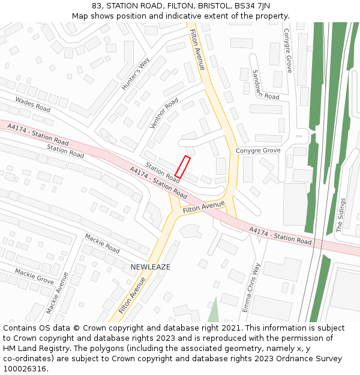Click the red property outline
pyautogui.click(x=182, y=167)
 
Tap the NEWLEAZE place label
pyautogui.click(x=151, y=266)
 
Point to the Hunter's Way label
pyautogui.click(x=135, y=74)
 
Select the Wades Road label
pyautogui.click(x=33, y=104)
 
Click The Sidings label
pyautogui.click(x=340, y=214)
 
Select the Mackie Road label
pyautogui.click(x=102, y=243)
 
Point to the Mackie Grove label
pyautogui.click(x=34, y=276)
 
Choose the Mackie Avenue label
pyautogui.click(x=58, y=292)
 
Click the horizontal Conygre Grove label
pyautogui.click(x=258, y=150)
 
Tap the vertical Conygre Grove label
pyautogui.click(x=287, y=50)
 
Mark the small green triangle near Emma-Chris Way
pyautogui.click(x=214, y=310)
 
